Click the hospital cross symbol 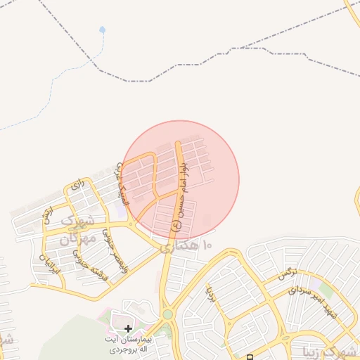tap(128, 328)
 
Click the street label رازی tap(77, 186)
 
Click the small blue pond tap(103, 30)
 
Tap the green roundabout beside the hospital tap(167, 315)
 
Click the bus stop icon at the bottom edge tap(250, 357)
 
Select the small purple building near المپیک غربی tap(123, 208)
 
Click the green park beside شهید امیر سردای tap(325, 290)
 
